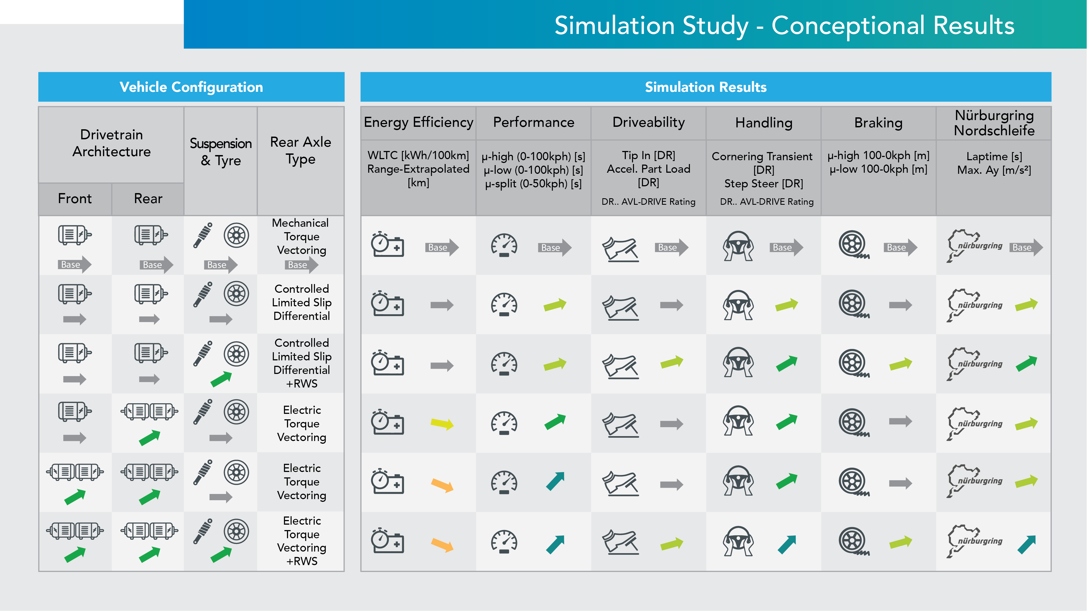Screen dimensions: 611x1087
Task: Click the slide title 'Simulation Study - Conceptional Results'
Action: point(784,25)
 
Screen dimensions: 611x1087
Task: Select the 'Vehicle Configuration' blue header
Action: point(191,87)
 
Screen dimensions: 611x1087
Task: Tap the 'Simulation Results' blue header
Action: point(705,87)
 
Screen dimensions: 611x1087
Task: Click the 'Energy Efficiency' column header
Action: point(418,122)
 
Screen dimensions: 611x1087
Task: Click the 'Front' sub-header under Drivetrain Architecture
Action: point(75,199)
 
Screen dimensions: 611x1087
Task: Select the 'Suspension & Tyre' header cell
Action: point(221,152)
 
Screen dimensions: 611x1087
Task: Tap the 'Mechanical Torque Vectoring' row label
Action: point(301,237)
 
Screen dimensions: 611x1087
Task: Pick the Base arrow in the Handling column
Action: point(785,247)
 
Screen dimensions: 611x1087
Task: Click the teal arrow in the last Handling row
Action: point(786,544)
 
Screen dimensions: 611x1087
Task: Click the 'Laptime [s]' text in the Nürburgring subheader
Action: point(994,156)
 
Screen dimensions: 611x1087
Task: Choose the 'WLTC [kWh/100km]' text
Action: point(418,155)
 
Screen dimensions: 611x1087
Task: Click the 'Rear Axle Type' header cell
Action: point(301,150)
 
